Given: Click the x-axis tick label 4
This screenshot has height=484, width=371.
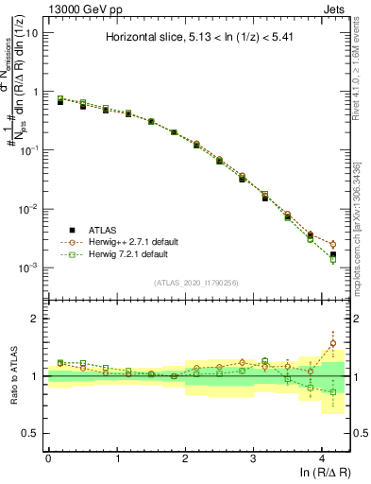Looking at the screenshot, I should tap(322, 458).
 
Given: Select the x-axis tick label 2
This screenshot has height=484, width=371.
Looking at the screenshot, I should tap(185, 458).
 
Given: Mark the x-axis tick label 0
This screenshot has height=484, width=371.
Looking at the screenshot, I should tap(48, 458).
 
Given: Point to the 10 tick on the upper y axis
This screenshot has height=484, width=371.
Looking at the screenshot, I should tap(31, 33).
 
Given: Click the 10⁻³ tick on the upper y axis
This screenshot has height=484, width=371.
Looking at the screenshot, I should tap(29, 268).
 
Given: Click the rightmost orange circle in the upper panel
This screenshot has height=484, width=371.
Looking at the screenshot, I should tap(332, 245).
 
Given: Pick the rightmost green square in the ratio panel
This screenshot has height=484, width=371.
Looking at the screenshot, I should tap(332, 391).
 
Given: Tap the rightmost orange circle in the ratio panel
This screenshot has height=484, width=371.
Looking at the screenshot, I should tap(332, 344).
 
